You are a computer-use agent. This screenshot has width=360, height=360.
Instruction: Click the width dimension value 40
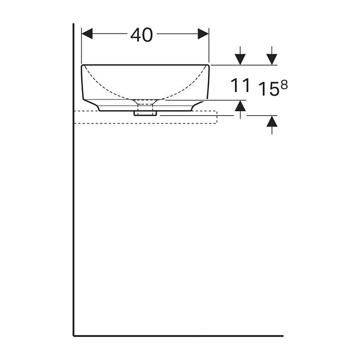click(x=141, y=35)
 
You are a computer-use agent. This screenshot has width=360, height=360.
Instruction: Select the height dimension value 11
click(x=240, y=85)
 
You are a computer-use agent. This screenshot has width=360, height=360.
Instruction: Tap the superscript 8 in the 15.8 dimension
click(x=284, y=85)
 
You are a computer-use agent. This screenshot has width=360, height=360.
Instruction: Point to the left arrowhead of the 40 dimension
click(x=87, y=34)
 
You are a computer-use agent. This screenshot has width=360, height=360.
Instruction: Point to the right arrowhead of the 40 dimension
click(x=203, y=34)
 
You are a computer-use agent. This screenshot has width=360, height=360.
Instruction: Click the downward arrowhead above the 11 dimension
click(x=240, y=59)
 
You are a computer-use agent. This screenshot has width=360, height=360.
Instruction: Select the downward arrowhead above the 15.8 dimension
click(x=272, y=59)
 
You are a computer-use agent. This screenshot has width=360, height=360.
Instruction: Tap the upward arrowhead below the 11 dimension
click(x=240, y=106)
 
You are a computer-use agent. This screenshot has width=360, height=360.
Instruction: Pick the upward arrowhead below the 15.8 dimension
click(x=272, y=121)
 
